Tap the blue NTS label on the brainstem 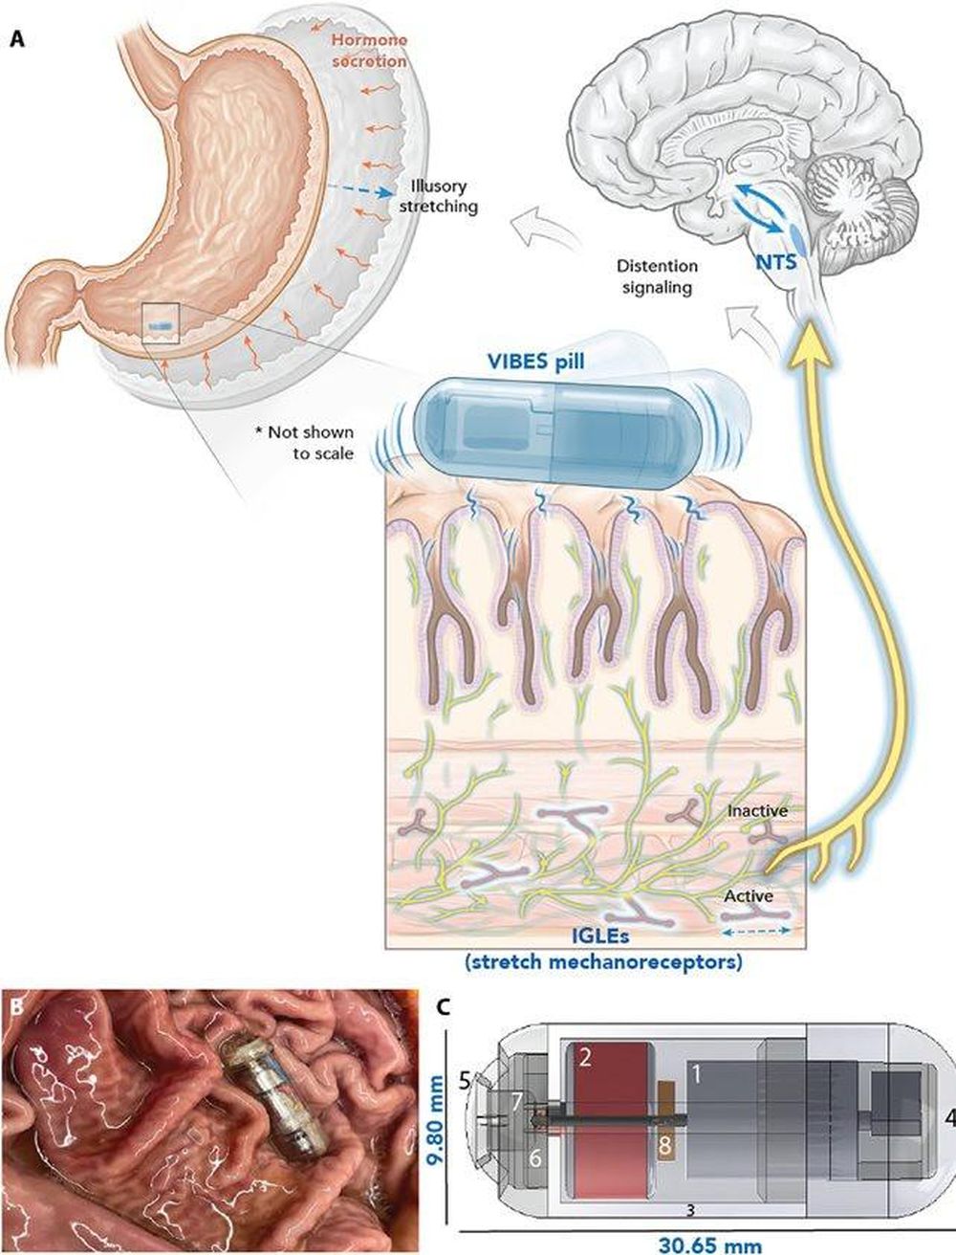pos(776,262)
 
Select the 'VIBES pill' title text pos(535,362)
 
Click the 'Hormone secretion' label pos(370,51)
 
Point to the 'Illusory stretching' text pos(438,195)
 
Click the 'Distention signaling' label pos(657,276)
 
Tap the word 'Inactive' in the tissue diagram pos(757,810)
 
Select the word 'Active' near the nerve pos(749,895)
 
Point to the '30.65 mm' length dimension pos(710,1242)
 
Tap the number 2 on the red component pos(584,1058)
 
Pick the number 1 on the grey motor pos(697,1075)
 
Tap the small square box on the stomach pos(161,323)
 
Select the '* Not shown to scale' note pos(305,443)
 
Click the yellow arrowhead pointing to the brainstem pos(811,338)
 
